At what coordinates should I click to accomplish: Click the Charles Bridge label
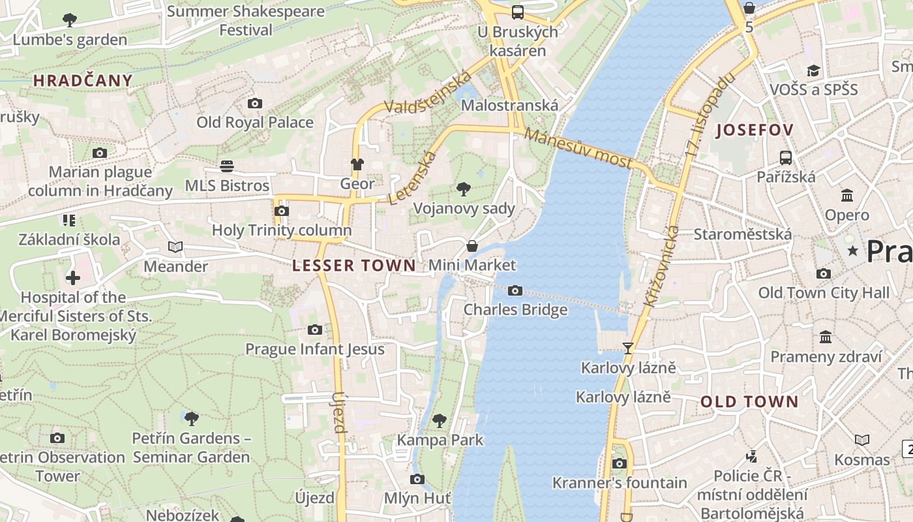(515, 309)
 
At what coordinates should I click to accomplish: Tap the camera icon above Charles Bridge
(515, 290)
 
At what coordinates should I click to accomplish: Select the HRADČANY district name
(83, 81)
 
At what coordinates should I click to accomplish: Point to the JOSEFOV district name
(755, 130)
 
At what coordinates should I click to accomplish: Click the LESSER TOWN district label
(353, 265)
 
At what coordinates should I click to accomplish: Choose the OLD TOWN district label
(749, 401)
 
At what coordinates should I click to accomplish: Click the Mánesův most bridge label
(578, 148)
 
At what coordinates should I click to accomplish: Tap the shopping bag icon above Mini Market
(471, 246)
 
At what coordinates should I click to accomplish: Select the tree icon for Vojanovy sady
(464, 189)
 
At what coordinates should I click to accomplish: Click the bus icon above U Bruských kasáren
(518, 12)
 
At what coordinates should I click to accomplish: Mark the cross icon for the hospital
(72, 278)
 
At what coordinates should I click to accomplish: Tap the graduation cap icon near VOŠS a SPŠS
(813, 70)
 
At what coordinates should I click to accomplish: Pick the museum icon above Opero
(847, 195)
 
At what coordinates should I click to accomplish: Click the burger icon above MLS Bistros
(227, 166)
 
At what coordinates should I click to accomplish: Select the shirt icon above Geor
(357, 164)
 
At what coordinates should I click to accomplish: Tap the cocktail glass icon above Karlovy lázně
(628, 348)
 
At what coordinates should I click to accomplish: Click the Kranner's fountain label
(620, 483)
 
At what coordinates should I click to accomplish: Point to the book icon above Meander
(175, 247)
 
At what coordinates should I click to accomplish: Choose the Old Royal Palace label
(255, 122)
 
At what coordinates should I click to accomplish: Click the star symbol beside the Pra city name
(852, 251)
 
